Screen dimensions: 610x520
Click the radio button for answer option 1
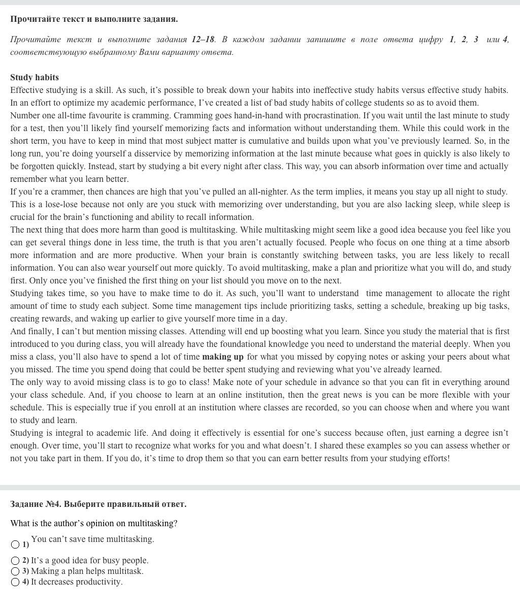15,545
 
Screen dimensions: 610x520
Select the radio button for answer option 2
15,561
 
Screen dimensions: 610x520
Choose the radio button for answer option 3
15,571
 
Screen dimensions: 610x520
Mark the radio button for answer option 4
15,582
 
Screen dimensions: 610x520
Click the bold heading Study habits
35,78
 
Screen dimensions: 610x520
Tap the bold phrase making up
223,357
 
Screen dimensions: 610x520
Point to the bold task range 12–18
203,40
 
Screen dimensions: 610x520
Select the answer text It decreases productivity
77,582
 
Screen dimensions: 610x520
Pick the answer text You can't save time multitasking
92,539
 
